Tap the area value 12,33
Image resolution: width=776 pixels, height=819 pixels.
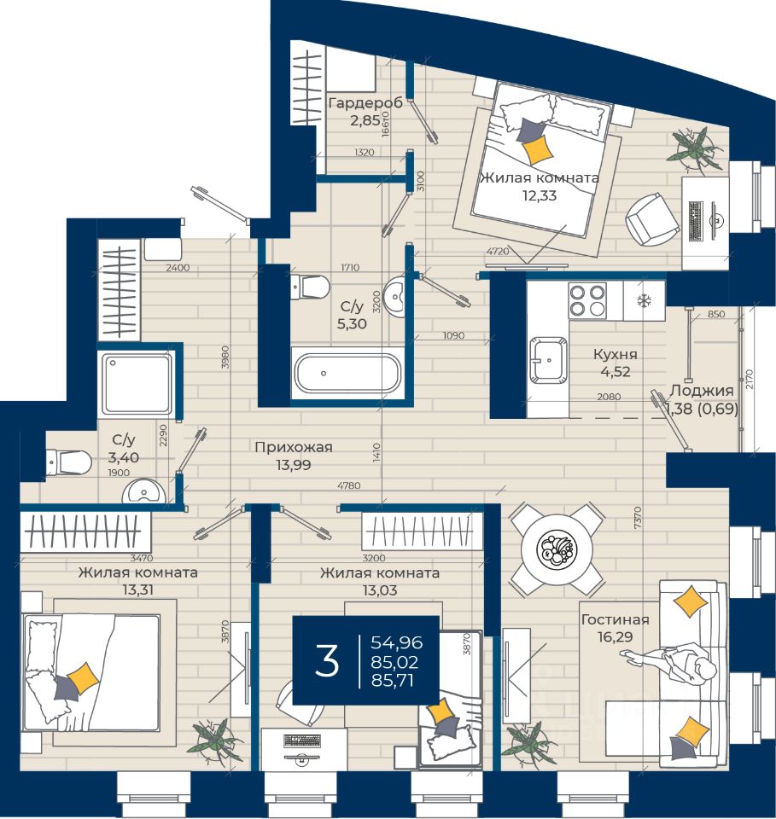click(x=540, y=195)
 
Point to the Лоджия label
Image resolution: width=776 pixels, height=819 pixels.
click(x=701, y=391)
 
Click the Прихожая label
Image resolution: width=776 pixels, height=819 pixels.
click(x=293, y=446)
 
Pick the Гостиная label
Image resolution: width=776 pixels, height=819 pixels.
click(x=615, y=620)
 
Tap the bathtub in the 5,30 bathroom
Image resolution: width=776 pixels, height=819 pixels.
click(x=346, y=373)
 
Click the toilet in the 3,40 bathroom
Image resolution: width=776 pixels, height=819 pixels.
click(x=68, y=462)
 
